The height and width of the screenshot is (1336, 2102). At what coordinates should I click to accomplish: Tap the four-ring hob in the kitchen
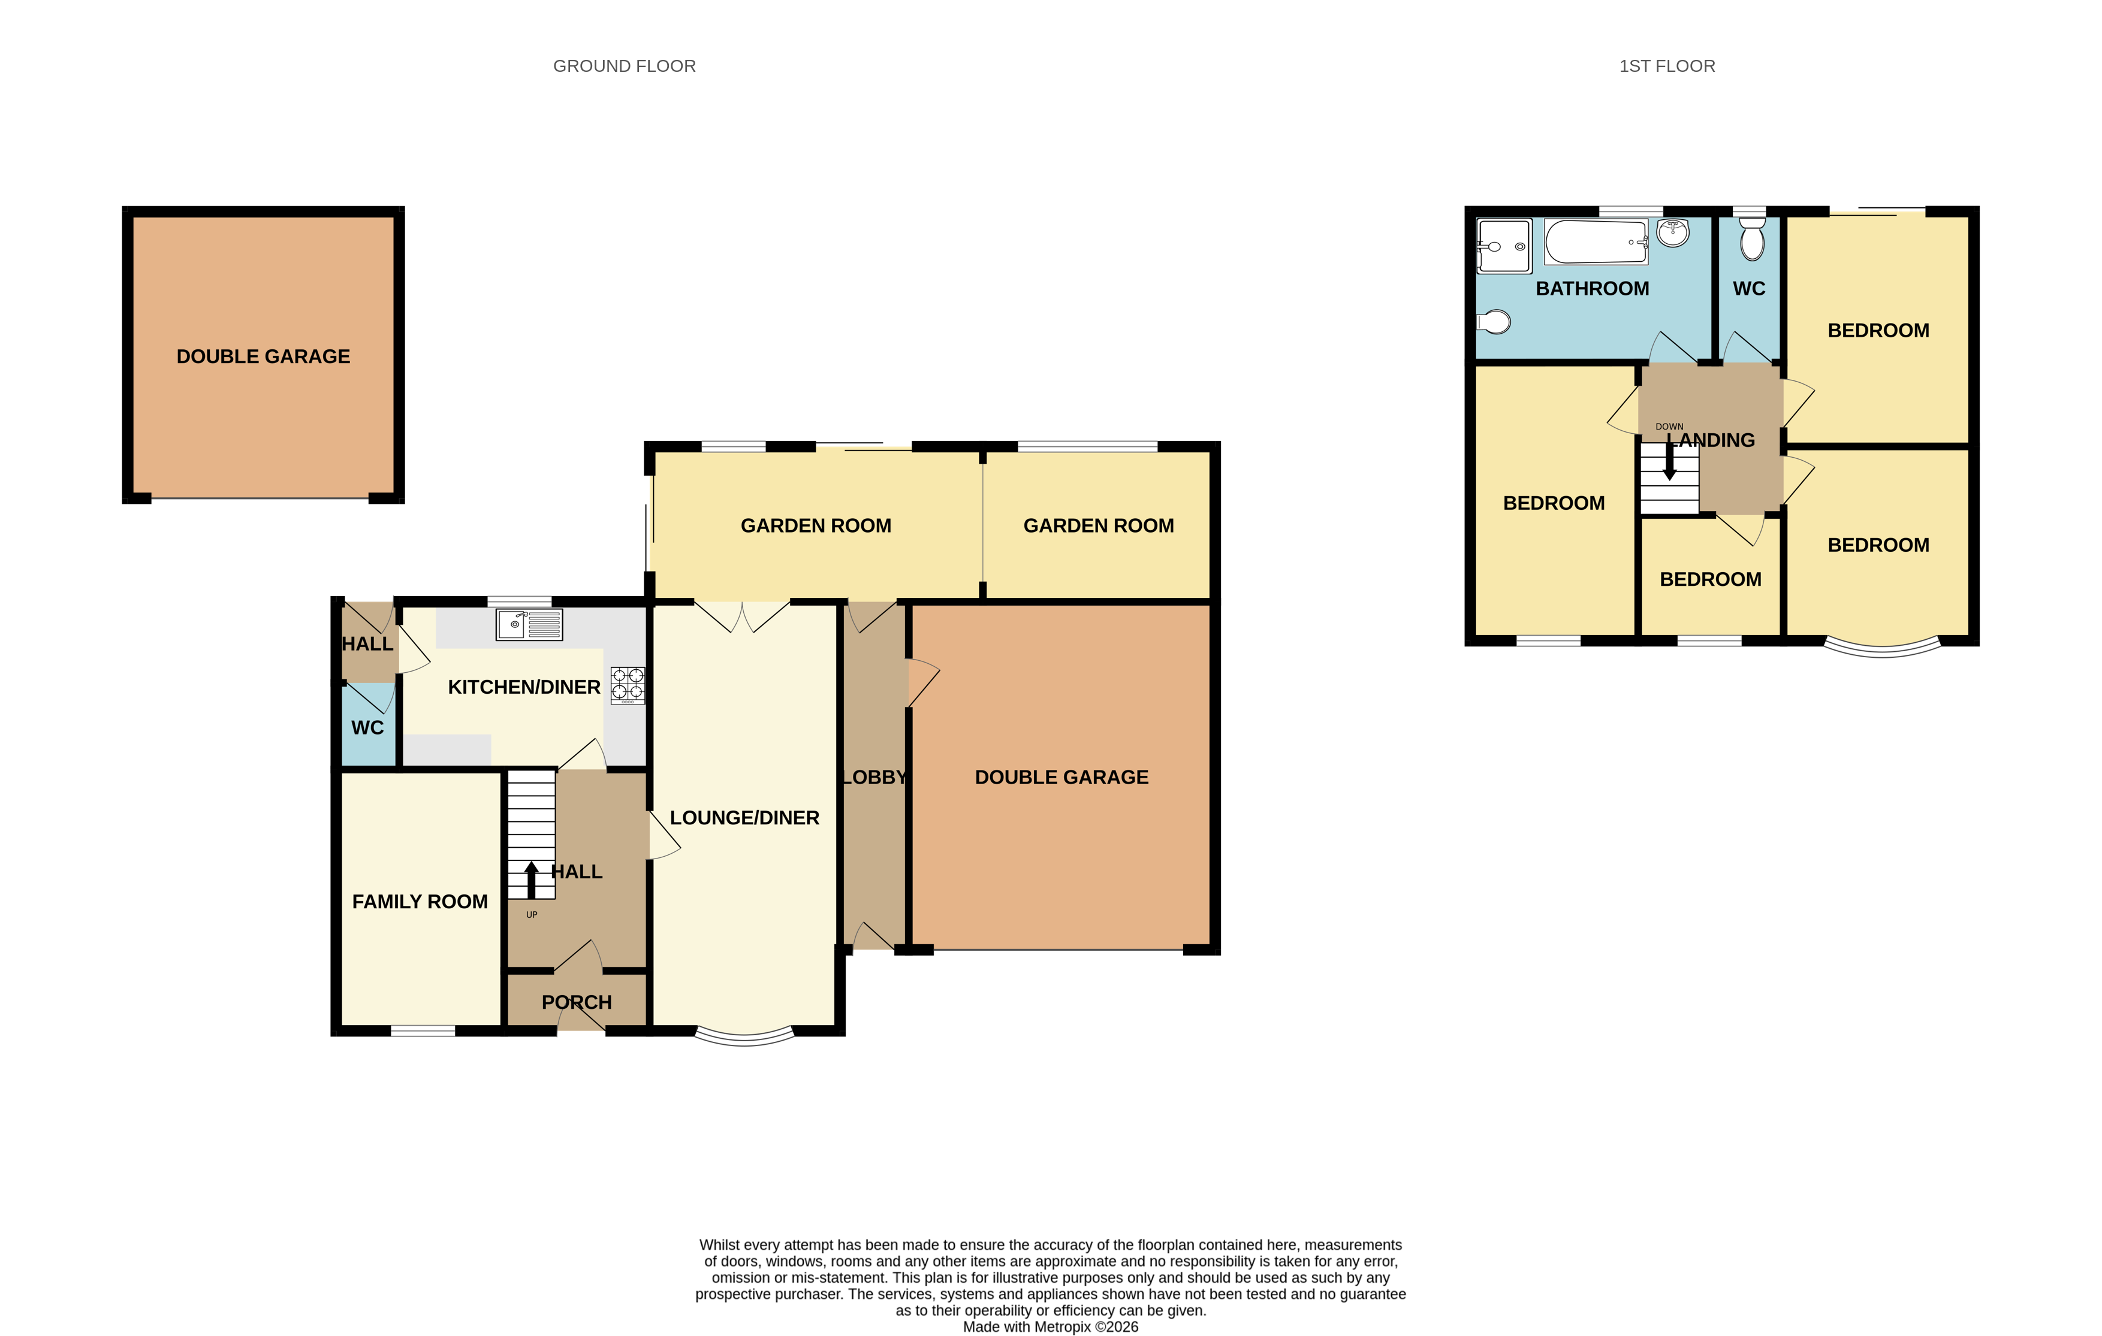click(628, 685)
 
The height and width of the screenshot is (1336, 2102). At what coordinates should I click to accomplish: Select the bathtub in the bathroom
click(1596, 241)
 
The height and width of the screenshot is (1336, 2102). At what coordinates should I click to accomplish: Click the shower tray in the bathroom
click(1504, 246)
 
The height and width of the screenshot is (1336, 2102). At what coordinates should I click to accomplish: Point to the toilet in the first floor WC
click(1751, 240)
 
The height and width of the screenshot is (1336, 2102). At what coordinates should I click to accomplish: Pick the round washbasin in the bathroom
click(1672, 232)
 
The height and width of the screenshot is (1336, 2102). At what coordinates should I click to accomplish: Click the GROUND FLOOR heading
click(624, 67)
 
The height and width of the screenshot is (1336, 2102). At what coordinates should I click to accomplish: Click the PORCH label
click(576, 1002)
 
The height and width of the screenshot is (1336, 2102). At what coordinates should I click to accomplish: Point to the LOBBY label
click(874, 776)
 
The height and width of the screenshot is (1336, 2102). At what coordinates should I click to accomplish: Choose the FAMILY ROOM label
click(420, 902)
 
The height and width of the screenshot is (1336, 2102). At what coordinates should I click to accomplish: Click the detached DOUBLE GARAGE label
click(263, 356)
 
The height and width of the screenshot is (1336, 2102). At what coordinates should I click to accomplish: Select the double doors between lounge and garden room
click(742, 616)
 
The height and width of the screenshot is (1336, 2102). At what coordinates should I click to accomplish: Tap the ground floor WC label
click(367, 728)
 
